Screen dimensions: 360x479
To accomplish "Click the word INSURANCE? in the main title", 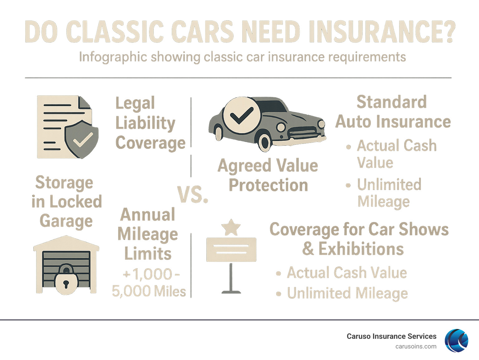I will (x=382, y=32).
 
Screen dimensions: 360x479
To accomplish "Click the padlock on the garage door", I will (x=66, y=280).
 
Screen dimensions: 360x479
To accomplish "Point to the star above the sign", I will (x=231, y=227).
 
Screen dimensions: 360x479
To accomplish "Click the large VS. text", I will (x=193, y=195).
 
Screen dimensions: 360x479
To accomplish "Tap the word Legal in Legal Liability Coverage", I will (x=135, y=103).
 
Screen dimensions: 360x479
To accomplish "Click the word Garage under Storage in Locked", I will (x=66, y=221).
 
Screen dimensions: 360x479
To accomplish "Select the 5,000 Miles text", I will (x=149, y=292).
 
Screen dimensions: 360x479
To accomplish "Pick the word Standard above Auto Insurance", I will (x=392, y=102).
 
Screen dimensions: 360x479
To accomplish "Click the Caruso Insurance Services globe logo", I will (x=457, y=341).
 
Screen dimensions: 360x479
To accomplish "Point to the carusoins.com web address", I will (x=416, y=347).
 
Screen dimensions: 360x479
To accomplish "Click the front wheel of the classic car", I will (x=265, y=142).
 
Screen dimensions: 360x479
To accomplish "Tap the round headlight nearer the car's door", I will (x=281, y=127).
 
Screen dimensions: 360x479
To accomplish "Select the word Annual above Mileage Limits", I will (x=148, y=215).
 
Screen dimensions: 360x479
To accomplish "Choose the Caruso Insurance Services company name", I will (x=391, y=336).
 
